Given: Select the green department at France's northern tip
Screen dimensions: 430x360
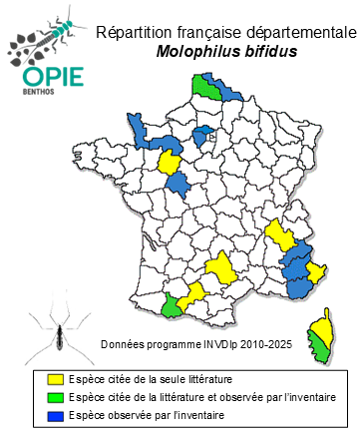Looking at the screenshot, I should coord(206,87).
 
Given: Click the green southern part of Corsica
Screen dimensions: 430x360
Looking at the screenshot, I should coord(321,348).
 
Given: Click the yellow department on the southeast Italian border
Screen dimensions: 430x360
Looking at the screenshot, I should coord(318,270).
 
